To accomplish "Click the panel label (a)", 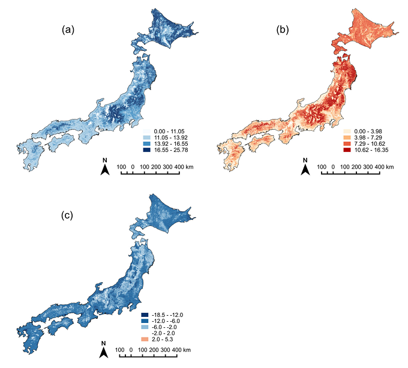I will [68, 28].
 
